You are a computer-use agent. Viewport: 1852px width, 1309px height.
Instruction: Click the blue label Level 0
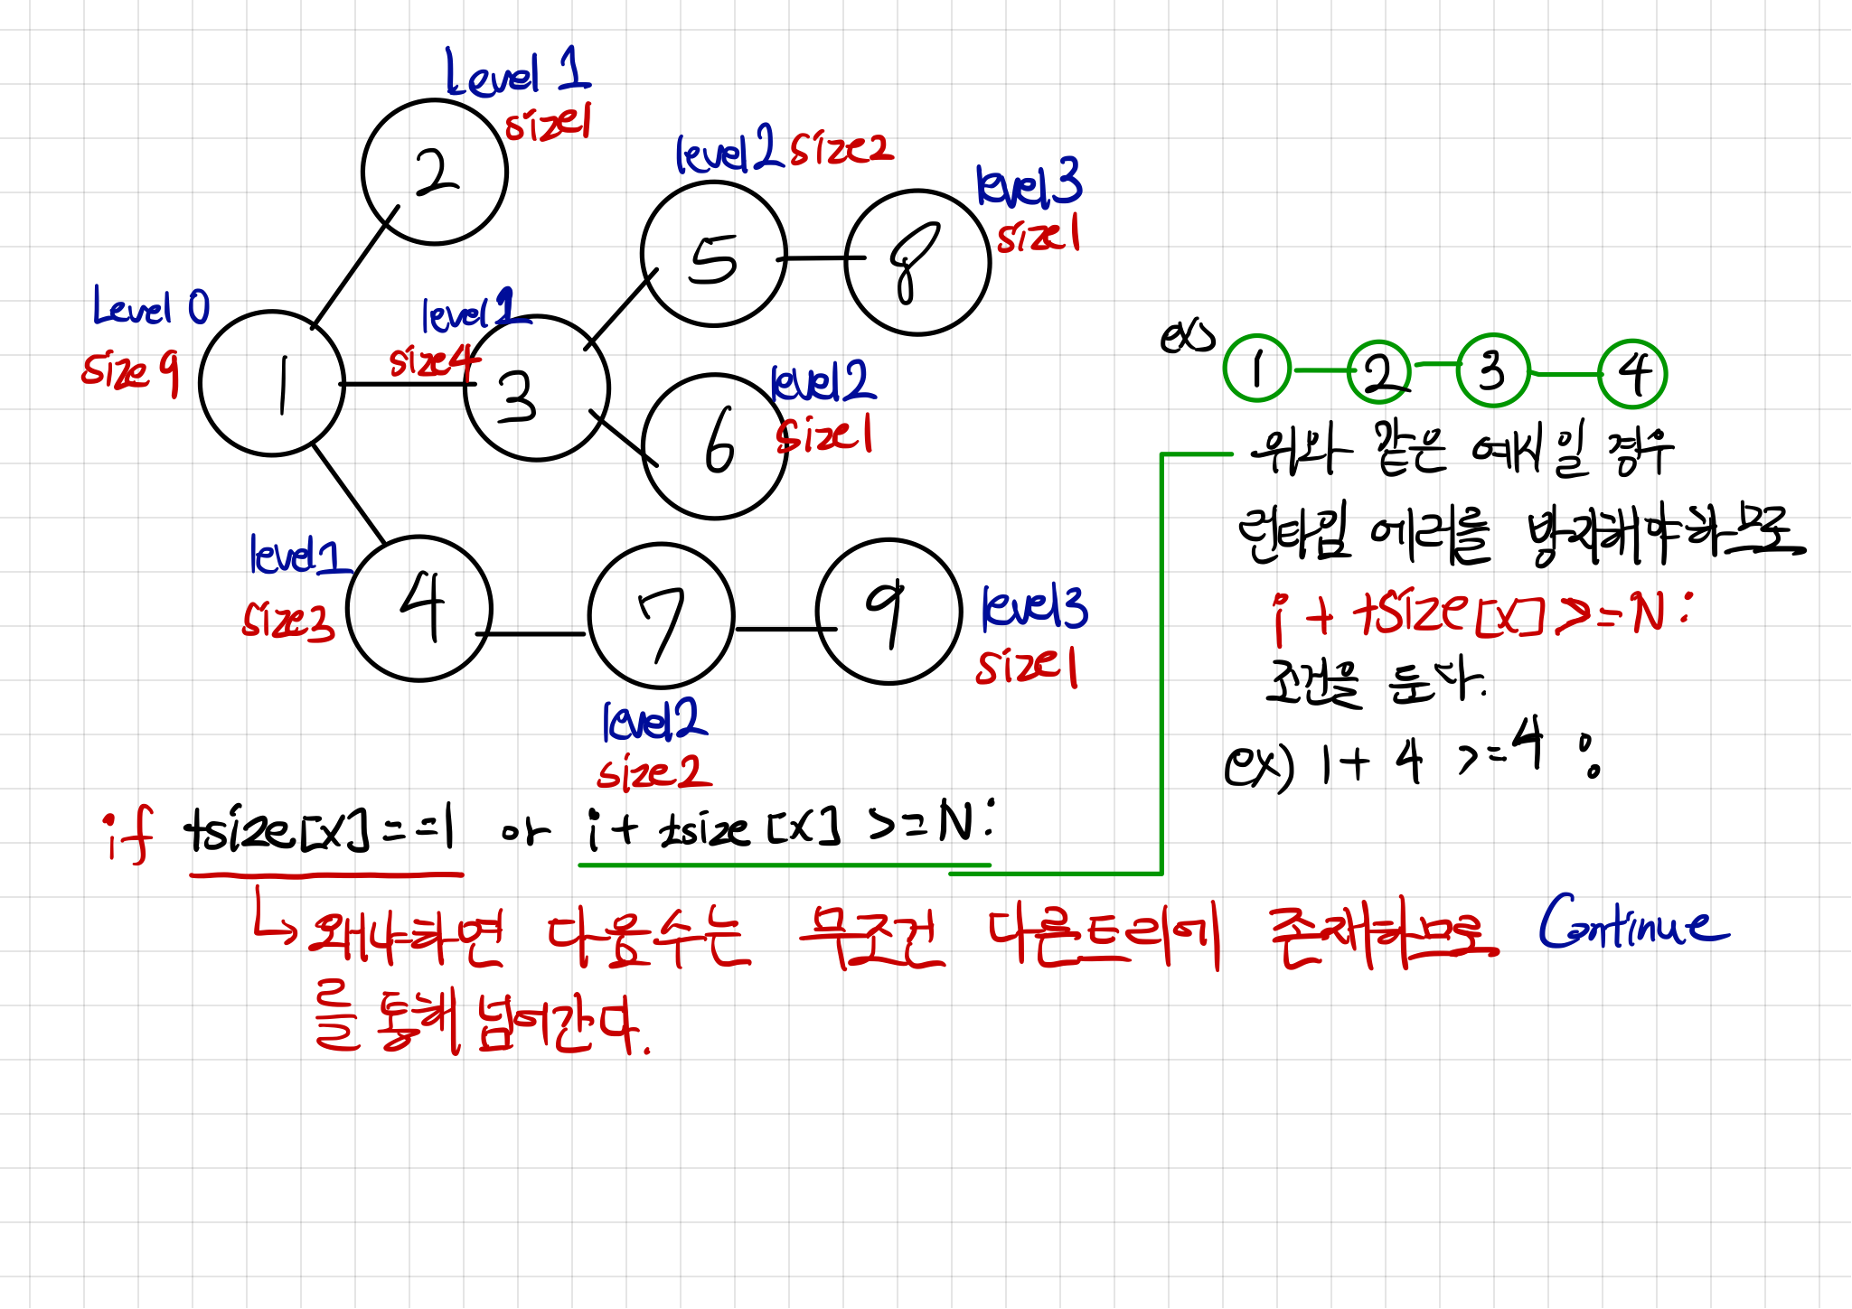coord(151,307)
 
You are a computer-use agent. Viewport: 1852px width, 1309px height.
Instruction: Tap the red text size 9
coord(130,371)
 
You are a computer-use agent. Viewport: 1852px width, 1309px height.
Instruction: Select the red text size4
coord(434,362)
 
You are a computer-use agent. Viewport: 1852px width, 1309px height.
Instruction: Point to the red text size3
coord(288,622)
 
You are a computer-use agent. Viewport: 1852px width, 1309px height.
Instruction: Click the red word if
coord(129,836)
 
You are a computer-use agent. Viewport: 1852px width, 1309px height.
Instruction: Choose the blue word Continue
coord(1632,923)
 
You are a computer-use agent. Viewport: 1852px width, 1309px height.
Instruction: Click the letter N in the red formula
coord(1649,614)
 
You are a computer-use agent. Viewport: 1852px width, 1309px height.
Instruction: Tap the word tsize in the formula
coord(1410,612)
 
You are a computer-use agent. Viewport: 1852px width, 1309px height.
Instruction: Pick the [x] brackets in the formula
coord(1509,620)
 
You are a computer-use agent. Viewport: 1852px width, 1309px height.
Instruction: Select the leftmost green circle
coord(1257,368)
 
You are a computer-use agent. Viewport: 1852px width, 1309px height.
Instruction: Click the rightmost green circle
coord(1632,374)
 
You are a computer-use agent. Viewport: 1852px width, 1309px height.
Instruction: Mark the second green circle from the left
coord(1379,371)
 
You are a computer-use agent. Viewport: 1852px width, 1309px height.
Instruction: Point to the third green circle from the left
coord(1493,369)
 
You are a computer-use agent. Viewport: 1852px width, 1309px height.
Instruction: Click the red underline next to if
coord(326,874)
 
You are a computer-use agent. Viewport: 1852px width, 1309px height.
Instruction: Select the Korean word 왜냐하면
coord(406,938)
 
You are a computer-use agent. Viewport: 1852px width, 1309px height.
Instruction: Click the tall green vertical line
coord(1161,664)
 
